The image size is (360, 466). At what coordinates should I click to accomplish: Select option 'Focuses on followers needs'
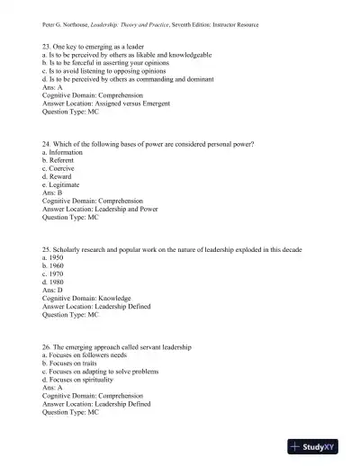(90, 354)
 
